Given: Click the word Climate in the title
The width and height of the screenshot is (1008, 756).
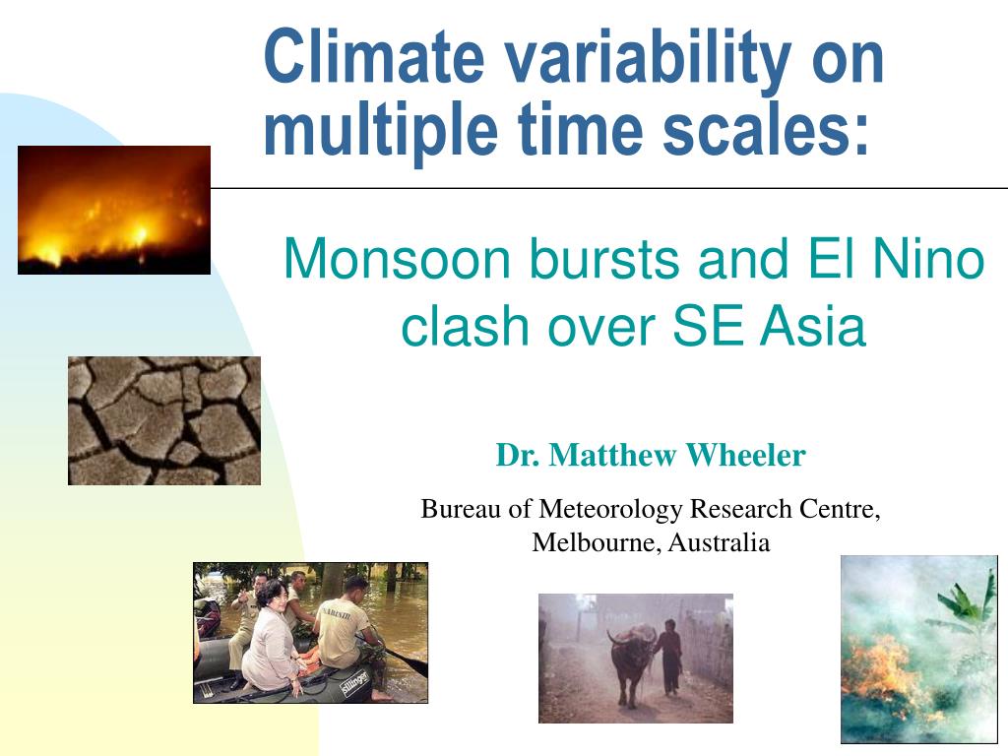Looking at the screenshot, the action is (x=374, y=56).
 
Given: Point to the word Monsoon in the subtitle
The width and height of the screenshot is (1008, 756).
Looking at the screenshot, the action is (x=398, y=259).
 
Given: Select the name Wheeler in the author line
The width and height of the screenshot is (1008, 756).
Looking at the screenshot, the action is (x=745, y=455).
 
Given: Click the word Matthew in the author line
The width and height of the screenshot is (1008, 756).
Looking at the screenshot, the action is (x=612, y=455).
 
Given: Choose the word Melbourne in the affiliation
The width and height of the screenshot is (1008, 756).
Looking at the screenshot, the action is (x=597, y=542).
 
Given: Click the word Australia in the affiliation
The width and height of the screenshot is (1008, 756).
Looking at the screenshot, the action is (x=719, y=542).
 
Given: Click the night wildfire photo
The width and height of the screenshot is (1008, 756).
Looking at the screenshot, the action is (x=114, y=211).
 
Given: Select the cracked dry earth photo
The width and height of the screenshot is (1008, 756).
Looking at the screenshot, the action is (x=164, y=420).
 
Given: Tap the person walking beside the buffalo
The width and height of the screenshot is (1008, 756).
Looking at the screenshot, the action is (x=669, y=656).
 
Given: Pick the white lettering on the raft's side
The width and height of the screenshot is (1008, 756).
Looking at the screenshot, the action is (x=354, y=683).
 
